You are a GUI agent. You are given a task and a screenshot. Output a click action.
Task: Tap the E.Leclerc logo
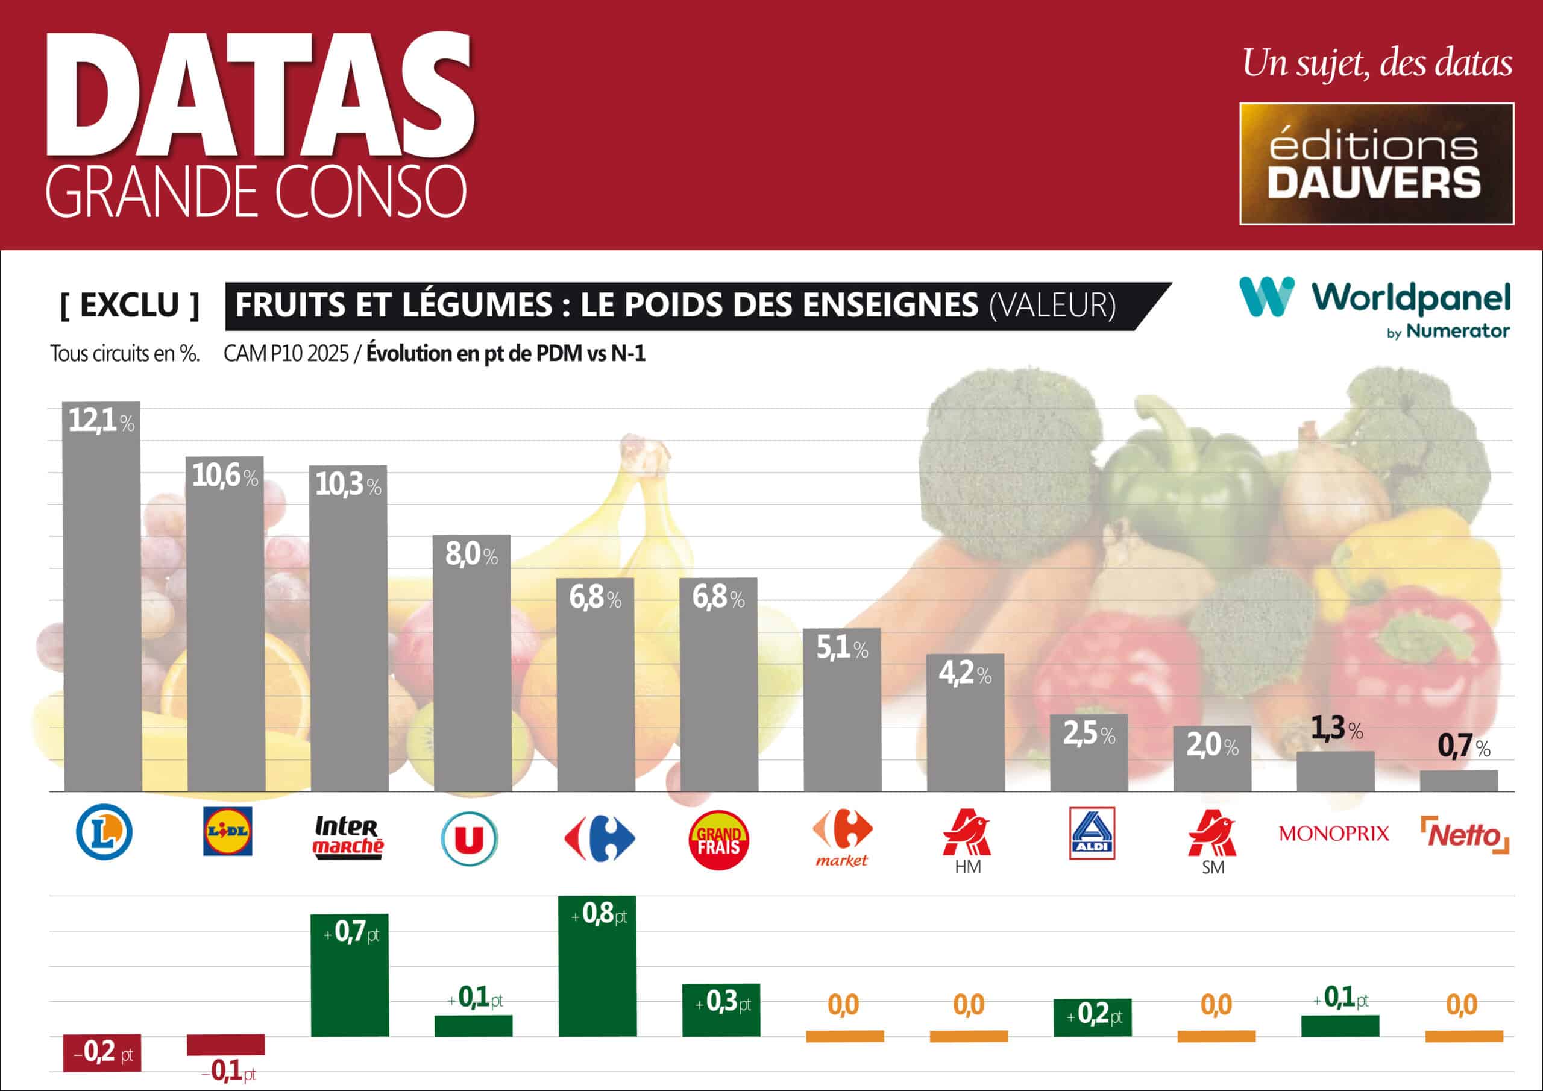104,832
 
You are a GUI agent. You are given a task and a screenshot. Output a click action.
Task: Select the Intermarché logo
348,836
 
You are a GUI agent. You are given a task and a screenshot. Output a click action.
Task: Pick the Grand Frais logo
718,840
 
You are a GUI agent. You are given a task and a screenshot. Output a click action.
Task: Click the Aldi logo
1092,833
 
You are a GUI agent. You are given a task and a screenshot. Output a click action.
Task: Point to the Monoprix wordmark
1333,834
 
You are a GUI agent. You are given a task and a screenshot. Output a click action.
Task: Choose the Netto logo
1465,835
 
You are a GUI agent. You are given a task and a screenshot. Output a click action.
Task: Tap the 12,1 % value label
101,421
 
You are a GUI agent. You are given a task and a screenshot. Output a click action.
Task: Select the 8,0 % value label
471,555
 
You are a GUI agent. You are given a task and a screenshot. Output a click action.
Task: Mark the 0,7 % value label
1463,747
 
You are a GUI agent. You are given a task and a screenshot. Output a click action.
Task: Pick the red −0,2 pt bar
101,1052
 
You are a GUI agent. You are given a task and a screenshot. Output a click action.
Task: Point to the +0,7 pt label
351,932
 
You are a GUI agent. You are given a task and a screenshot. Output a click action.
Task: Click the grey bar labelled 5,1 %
842,712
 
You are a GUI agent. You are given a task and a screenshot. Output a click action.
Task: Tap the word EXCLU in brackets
130,305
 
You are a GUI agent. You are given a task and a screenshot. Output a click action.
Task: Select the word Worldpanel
1410,298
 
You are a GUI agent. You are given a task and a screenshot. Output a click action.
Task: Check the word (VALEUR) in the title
1052,305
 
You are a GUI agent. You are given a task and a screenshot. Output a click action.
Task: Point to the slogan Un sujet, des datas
1377,63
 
